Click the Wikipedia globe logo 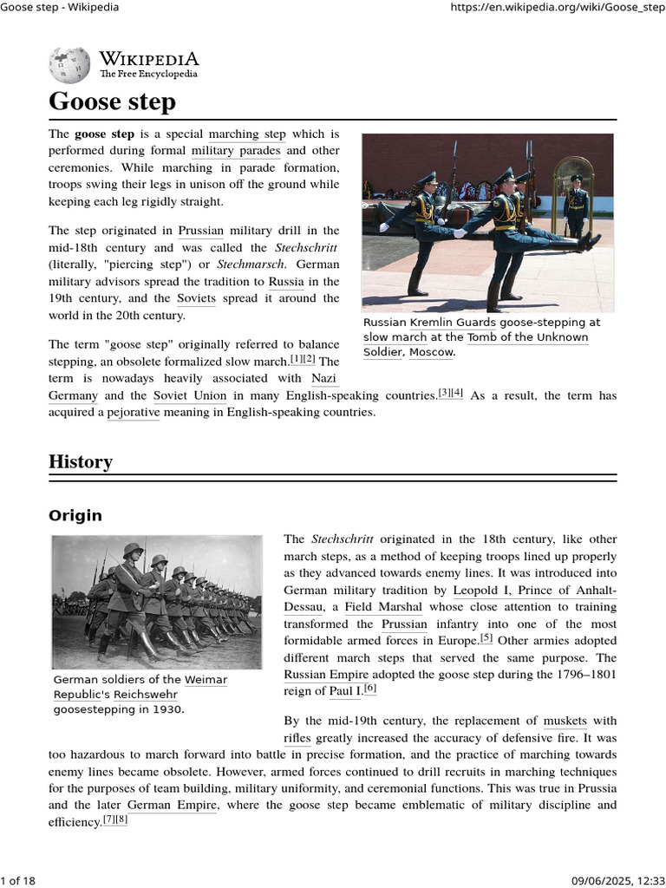pos(69,64)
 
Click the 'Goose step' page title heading pos(112,101)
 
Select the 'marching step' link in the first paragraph pos(247,134)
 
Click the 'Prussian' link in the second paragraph pos(201,231)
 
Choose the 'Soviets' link pos(196,298)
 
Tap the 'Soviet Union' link pos(190,396)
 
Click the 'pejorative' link pos(134,413)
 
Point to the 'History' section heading pos(81,461)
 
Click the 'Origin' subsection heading pos(75,516)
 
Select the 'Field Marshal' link pos(383,607)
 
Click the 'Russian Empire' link pos(326,675)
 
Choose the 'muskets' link pos(565,721)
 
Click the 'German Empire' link pos(173,805)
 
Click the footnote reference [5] pos(486,639)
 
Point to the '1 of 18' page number pos(19,881)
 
